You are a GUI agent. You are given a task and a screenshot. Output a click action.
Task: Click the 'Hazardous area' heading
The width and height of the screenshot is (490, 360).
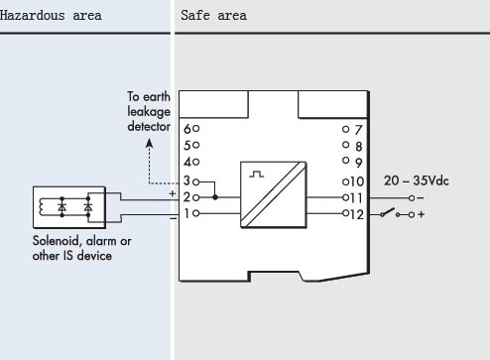51,16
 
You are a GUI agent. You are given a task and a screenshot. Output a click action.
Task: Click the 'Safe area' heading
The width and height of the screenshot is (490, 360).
213,16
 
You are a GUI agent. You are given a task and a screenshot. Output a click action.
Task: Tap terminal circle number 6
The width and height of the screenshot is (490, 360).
196,128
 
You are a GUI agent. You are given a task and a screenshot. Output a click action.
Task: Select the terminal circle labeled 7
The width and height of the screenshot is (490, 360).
346,129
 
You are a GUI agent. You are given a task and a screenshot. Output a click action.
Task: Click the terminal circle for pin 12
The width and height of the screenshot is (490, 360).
346,213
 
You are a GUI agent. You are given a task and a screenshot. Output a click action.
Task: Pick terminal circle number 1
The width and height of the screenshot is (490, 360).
196,213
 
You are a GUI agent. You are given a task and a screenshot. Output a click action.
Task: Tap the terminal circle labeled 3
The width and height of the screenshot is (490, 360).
196,181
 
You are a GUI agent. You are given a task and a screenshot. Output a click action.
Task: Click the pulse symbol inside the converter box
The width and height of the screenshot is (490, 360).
257,175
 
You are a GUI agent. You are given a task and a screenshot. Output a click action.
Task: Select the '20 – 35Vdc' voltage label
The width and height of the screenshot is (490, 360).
417,180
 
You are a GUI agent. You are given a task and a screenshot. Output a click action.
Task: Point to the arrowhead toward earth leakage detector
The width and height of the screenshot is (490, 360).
150,143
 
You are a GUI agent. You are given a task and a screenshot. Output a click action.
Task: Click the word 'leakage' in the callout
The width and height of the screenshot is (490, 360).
149,112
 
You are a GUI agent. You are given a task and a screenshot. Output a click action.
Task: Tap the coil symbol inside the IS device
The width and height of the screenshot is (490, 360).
42,207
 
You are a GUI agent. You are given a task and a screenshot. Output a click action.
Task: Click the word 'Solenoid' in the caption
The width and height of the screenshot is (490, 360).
57,241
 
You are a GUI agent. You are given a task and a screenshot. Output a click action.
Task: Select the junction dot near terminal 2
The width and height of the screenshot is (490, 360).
215,197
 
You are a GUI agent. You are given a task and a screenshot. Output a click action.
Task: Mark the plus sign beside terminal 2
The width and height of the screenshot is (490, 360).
173,193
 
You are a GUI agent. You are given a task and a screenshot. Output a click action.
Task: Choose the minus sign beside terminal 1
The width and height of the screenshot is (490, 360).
173,218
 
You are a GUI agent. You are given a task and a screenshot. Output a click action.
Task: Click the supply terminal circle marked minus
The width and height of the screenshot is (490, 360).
412,198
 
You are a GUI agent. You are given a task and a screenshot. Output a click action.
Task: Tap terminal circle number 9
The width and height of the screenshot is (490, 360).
346,161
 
